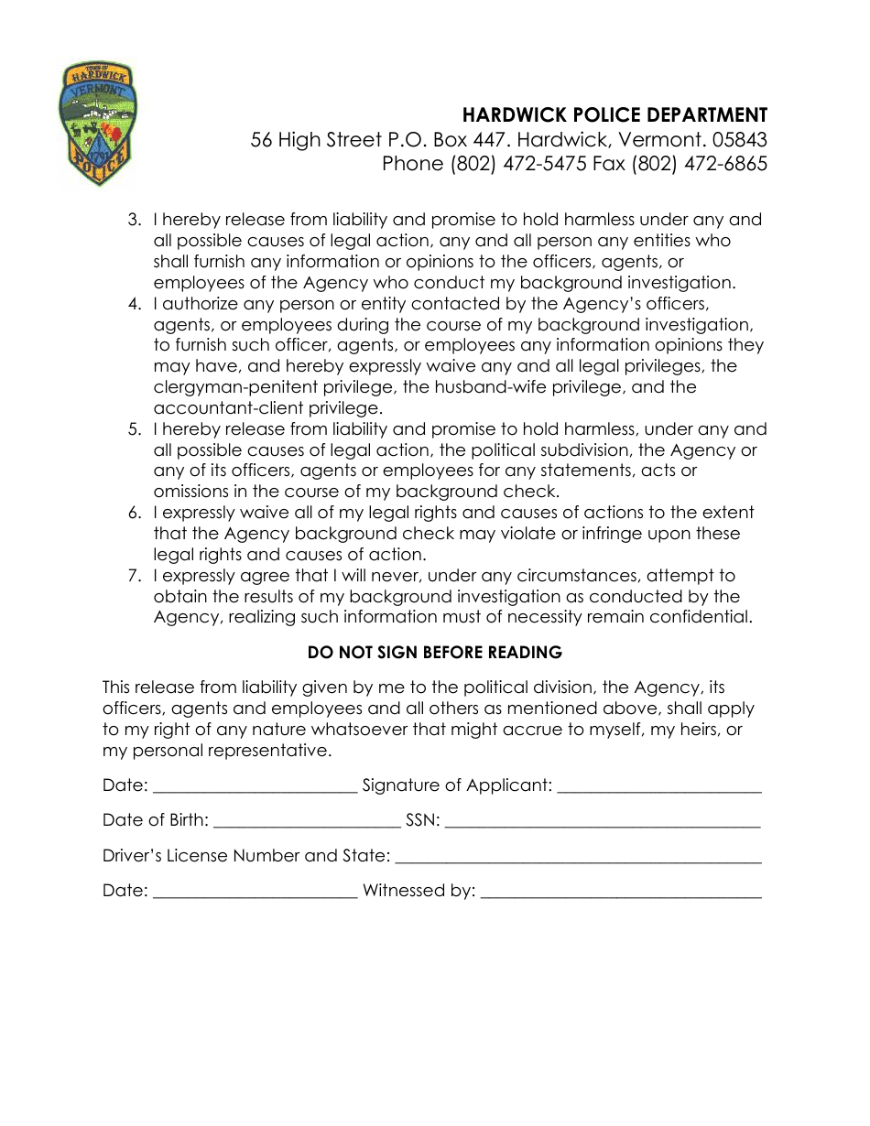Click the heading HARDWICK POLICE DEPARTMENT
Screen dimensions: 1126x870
coord(614,115)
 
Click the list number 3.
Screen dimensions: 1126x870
coord(135,220)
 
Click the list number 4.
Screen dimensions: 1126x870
coord(135,304)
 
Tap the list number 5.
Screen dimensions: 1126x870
coord(135,429)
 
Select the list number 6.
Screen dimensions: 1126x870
coord(135,513)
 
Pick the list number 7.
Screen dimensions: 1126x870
coord(135,576)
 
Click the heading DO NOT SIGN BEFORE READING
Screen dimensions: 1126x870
coord(434,653)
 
